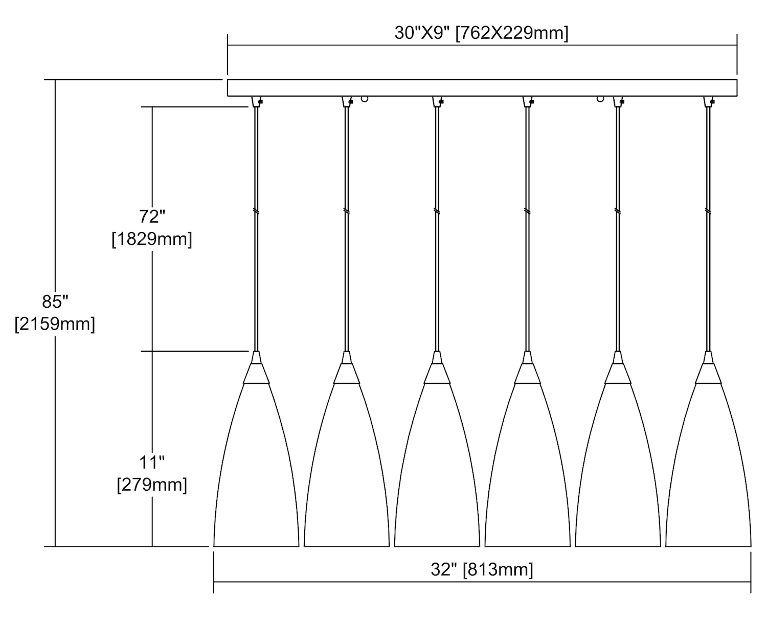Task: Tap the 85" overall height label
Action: point(55,302)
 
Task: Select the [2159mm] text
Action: point(55,324)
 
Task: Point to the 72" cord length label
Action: point(152,217)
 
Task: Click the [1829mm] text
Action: point(152,239)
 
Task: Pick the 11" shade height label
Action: point(152,463)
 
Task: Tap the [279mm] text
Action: point(152,485)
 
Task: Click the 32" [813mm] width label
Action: point(482,569)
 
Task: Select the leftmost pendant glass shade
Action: point(256,464)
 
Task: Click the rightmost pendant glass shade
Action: point(708,464)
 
